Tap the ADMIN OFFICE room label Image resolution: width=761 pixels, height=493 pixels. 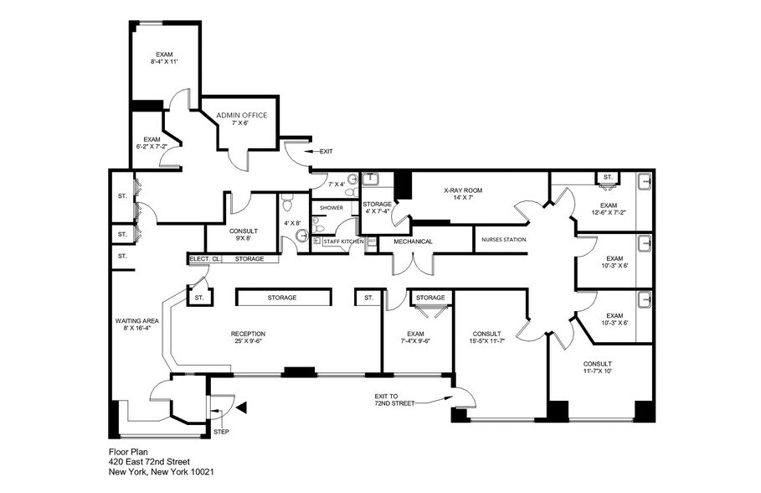pos(242,116)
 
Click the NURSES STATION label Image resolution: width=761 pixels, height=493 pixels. pos(503,241)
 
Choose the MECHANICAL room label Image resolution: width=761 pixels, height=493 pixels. pos(413,241)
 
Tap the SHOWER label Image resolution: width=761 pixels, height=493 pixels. pos(332,208)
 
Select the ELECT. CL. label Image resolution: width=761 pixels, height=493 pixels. pos(205,259)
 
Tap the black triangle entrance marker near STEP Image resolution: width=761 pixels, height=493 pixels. pos(241,408)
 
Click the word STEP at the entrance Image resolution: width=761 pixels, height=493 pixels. pos(221,432)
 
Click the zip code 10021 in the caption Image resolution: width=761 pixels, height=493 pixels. pos(198,473)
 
